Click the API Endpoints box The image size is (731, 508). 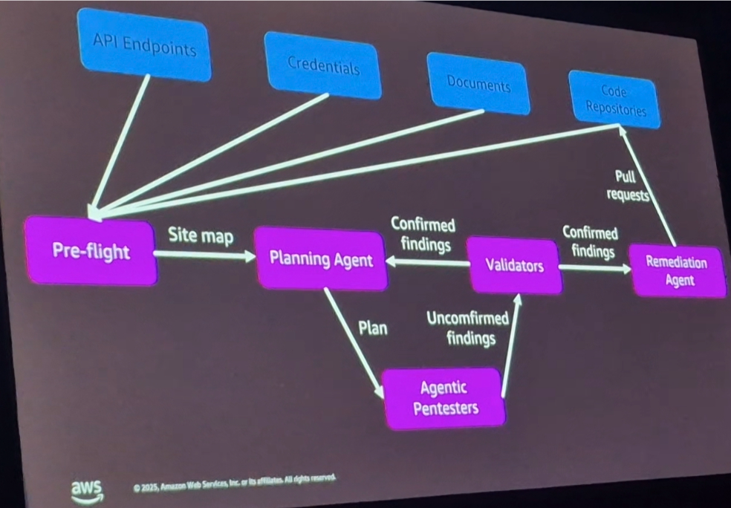144,46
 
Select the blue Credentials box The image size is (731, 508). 323,65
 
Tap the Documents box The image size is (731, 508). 478,84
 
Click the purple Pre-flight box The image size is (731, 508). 91,250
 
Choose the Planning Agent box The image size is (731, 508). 321,259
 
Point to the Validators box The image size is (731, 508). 514,265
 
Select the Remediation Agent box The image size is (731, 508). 678,272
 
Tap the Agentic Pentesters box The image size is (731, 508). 444,398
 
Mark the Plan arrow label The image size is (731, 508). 372,328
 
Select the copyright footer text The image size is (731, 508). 235,483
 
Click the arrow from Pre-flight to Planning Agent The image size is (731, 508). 204,255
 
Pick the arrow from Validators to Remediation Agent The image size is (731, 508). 594,267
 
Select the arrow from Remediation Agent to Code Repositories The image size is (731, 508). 648,186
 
